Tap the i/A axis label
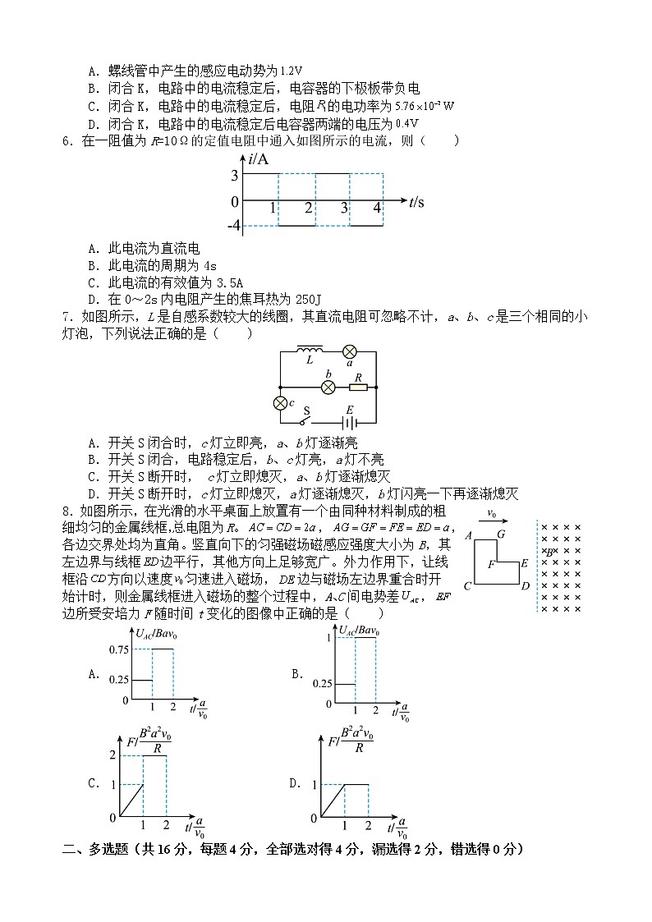coord(258,159)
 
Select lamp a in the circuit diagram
coord(350,351)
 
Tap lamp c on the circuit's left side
coord(280,402)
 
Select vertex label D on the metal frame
coord(526,585)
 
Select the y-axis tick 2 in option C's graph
coord(113,755)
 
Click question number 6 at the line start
coord(67,140)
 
